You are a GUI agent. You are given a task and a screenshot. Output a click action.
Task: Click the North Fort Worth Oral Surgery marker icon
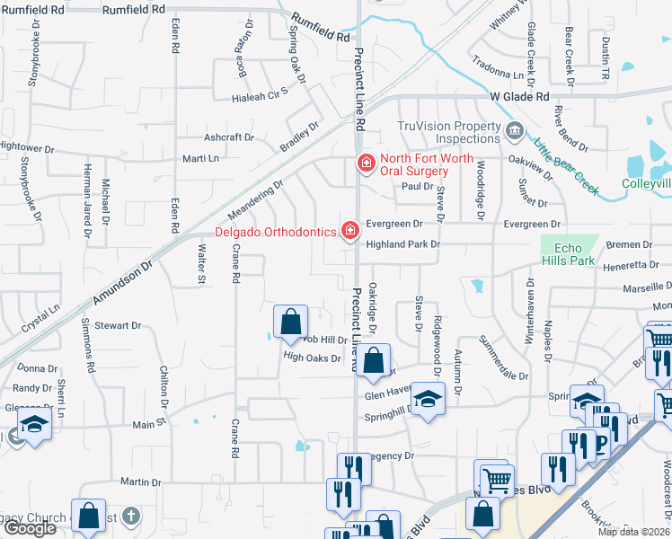365,163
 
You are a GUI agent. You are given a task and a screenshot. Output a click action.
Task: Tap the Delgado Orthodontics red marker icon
349,232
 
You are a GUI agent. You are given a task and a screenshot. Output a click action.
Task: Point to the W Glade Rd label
518,96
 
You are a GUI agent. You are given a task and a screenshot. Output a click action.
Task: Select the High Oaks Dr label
313,358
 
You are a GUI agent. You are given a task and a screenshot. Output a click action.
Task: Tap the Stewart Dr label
118,325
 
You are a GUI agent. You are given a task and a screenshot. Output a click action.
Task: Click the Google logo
30,528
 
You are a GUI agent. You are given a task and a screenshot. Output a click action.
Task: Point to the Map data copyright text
633,532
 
